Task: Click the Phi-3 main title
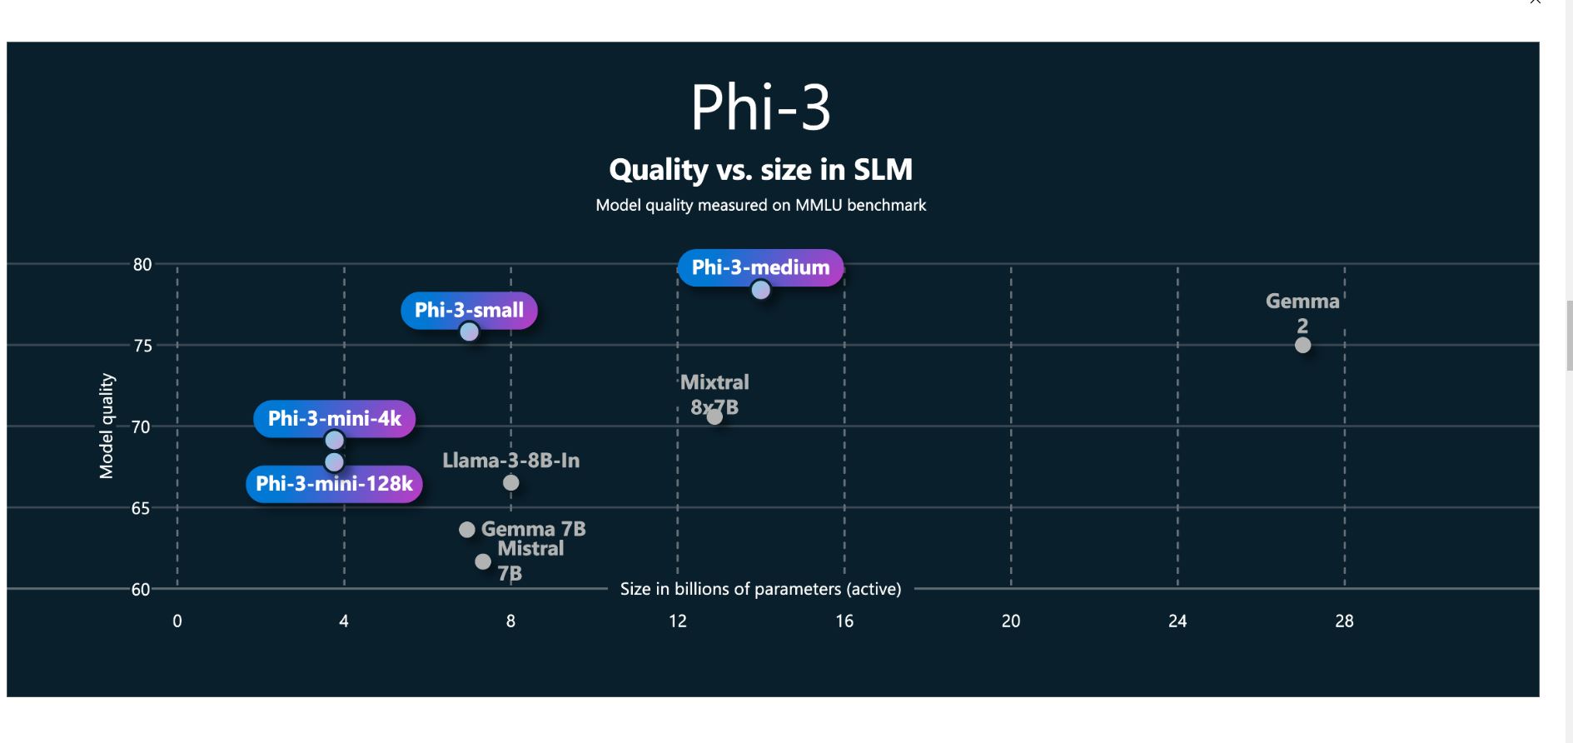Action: [x=760, y=107]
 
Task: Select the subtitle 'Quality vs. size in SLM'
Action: [x=760, y=170]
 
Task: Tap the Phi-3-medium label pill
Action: [x=760, y=267]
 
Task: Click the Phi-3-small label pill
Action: [x=469, y=310]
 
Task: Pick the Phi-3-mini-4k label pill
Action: [x=334, y=418]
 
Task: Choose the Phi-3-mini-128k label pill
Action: [x=334, y=484]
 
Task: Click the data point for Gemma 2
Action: [x=1303, y=345]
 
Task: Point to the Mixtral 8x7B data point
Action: [x=714, y=416]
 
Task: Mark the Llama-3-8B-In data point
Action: [x=511, y=482]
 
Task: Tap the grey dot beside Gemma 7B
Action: [x=467, y=530]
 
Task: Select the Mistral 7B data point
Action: [x=483, y=561]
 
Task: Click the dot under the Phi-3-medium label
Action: [x=760, y=290]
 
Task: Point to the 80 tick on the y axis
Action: [x=142, y=265]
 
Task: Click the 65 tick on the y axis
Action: [x=141, y=508]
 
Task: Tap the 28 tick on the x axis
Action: [x=1344, y=621]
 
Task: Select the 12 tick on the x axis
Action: [x=678, y=621]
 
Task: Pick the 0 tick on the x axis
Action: [x=177, y=621]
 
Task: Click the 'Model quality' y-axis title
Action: [x=107, y=426]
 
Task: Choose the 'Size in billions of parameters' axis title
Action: [x=760, y=589]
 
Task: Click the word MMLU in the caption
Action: [x=819, y=205]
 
